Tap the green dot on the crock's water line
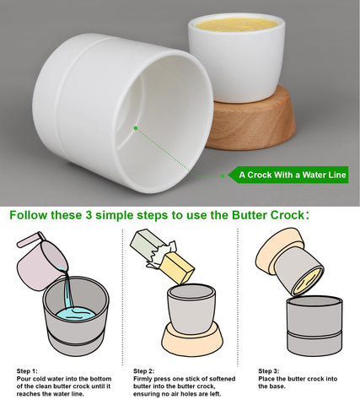pyautogui.click(x=136, y=128)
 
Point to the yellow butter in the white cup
pyautogui.click(x=237, y=24)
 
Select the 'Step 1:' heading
pyautogui.click(x=27, y=371)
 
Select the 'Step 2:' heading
pyautogui.click(x=143, y=371)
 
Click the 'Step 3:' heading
pyautogui.click(x=269, y=371)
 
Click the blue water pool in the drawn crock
pyautogui.click(x=75, y=314)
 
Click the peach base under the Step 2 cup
pyautogui.click(x=192, y=339)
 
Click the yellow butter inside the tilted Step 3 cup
pyautogui.click(x=308, y=282)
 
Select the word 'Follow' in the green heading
pyautogui.click(x=28, y=215)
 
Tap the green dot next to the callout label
pyautogui.click(x=223, y=176)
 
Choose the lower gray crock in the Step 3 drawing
pyautogui.click(x=314, y=327)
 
